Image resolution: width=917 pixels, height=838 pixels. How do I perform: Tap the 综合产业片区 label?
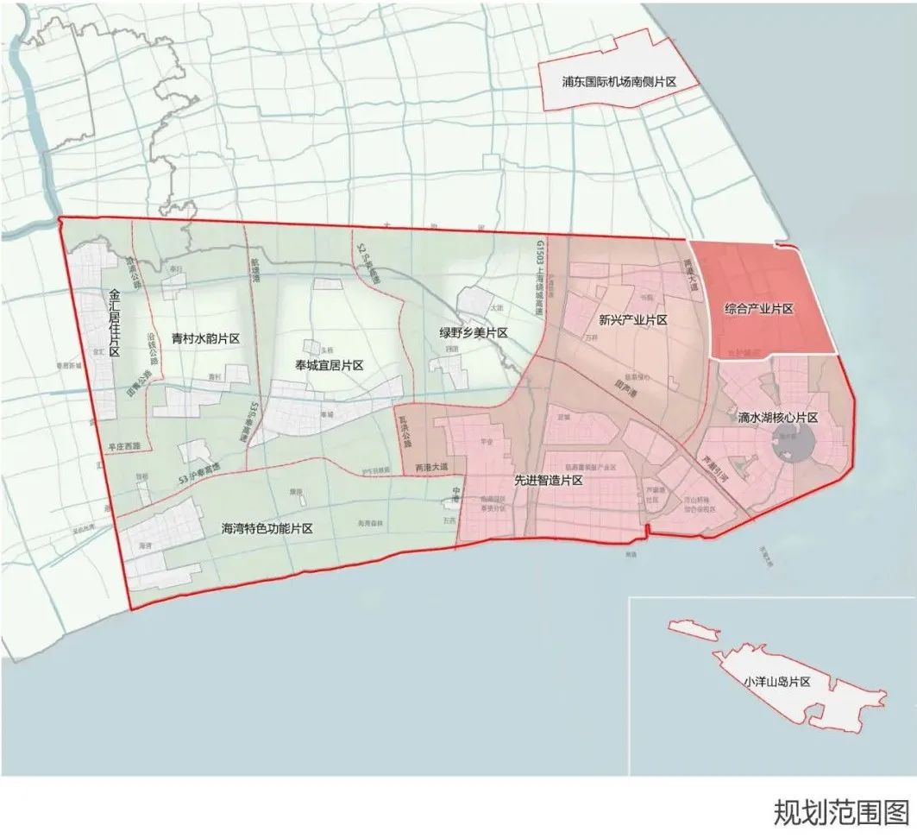pos(758,308)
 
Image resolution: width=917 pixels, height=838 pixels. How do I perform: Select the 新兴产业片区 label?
pos(633,320)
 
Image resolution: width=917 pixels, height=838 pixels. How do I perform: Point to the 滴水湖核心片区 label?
pos(777,418)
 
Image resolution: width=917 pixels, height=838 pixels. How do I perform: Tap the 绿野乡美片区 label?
pos(473,333)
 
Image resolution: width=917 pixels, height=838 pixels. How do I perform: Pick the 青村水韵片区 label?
pos(204,338)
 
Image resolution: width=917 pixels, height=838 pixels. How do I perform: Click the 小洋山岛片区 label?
pos(777,681)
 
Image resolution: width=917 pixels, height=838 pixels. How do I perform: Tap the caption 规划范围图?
pos(841,812)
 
